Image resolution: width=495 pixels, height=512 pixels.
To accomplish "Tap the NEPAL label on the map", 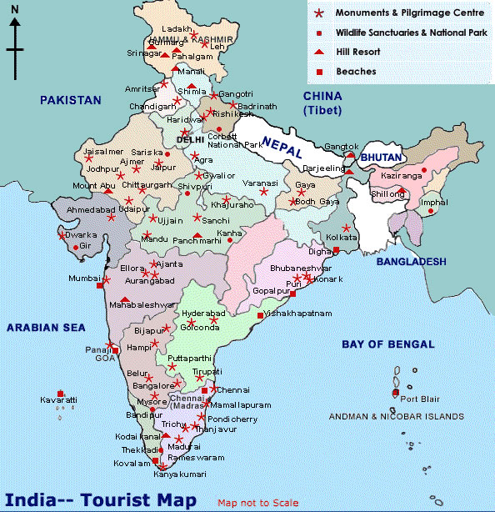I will point(280,143).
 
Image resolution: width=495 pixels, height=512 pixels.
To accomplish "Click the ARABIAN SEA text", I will point(47,328).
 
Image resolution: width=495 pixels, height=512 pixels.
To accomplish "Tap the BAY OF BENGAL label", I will point(387,344).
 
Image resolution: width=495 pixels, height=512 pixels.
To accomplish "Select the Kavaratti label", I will point(58,401).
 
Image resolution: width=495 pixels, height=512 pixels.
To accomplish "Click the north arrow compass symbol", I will point(15,46).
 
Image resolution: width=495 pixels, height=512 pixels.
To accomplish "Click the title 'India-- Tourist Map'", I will point(102,499).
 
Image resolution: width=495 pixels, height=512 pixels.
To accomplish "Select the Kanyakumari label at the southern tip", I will point(179,474).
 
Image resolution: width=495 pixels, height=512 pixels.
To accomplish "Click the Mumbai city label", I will point(82,278).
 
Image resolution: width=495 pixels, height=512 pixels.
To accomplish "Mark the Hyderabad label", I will point(202,312).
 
